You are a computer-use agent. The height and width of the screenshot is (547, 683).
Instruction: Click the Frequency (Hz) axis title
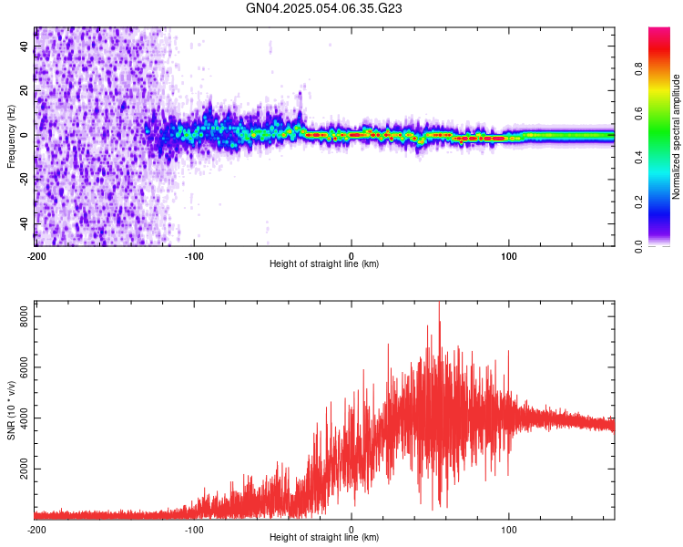point(11,136)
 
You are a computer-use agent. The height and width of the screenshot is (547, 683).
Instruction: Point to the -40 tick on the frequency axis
point(24,224)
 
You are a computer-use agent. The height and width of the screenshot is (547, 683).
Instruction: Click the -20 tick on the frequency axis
point(24,180)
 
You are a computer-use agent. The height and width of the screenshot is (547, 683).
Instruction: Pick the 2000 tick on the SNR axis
point(20,469)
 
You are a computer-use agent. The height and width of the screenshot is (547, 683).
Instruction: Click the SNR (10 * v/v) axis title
point(11,410)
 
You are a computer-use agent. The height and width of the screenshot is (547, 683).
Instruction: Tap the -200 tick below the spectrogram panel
point(36,256)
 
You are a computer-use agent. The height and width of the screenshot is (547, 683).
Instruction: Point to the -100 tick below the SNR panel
point(194,529)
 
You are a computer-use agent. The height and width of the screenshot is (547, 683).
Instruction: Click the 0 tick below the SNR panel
point(352,529)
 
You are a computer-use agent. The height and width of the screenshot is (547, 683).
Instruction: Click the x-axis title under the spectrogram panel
point(324,264)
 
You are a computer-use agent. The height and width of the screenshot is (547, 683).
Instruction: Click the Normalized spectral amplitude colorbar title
point(677,136)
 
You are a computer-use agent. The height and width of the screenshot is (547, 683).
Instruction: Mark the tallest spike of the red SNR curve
point(439,304)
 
